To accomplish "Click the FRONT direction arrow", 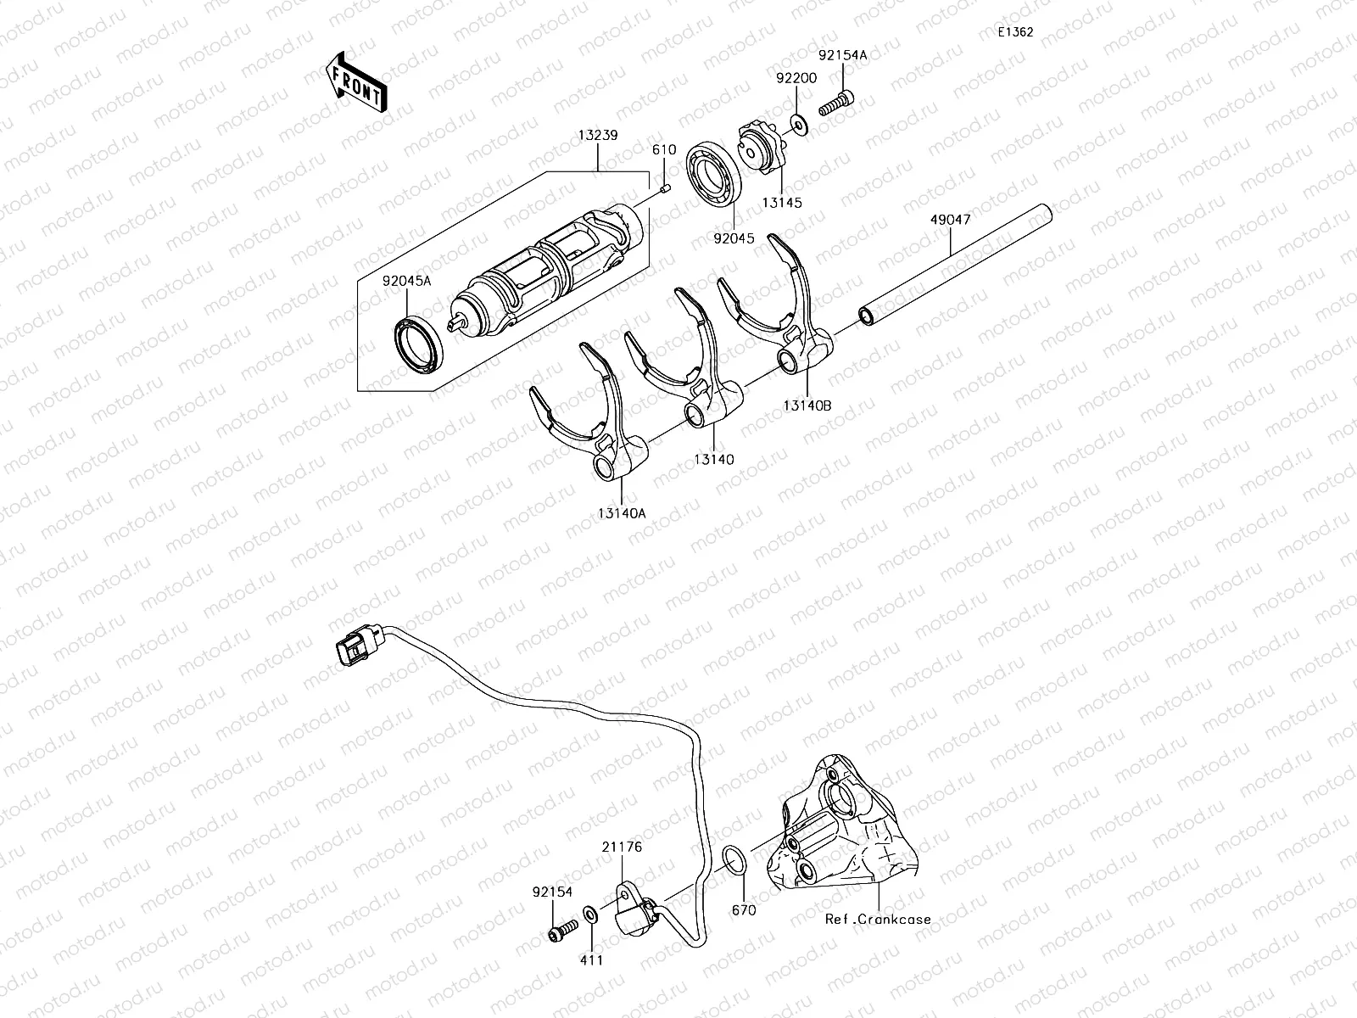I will [x=355, y=81].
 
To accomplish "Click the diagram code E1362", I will [x=1015, y=32].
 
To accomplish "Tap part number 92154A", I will [x=842, y=55].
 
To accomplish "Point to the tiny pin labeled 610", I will [x=666, y=188].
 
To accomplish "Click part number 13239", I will [x=599, y=136].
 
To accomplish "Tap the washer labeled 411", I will [x=590, y=915].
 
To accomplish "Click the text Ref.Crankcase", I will [x=878, y=919].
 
